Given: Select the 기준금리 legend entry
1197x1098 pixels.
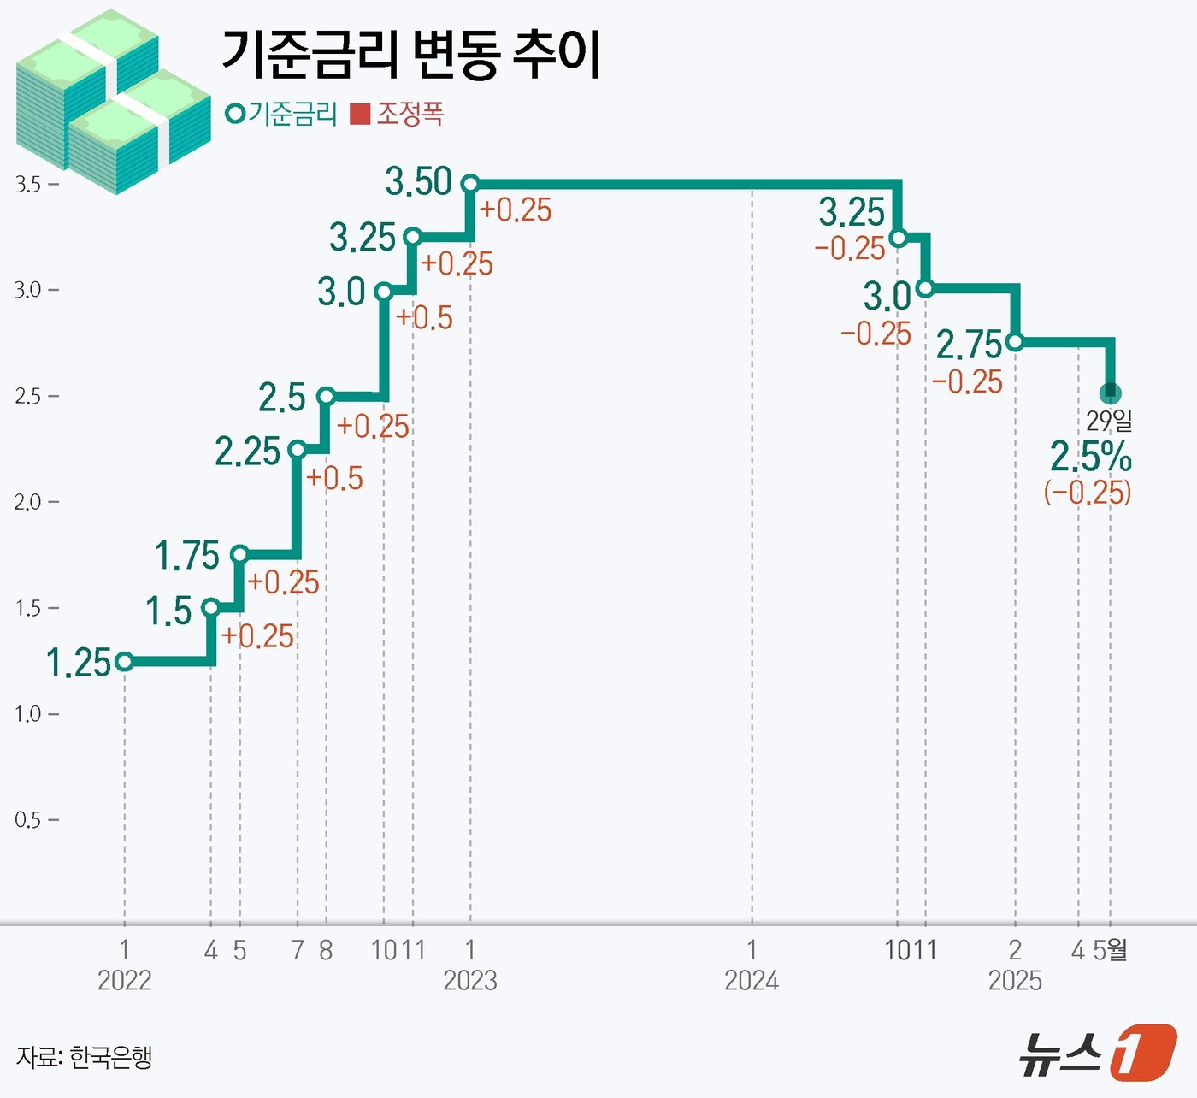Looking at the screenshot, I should point(282,114).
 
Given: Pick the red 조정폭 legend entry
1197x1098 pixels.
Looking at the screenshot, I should point(398,114).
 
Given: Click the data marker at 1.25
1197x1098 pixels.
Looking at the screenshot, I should point(124,661).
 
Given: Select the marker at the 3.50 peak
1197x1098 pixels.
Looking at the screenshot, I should point(469,184).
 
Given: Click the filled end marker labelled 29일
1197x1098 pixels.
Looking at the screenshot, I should point(1110,393).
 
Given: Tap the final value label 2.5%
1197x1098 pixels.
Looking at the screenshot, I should point(1090,457).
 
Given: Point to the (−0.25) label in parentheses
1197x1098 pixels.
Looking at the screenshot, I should point(1088,493).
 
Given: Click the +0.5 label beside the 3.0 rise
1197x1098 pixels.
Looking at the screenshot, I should point(424,318).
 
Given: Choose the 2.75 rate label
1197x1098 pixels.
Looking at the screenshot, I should point(969,345).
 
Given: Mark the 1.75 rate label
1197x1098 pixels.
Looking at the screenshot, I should point(187,556).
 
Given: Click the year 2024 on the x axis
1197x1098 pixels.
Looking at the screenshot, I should point(752,980).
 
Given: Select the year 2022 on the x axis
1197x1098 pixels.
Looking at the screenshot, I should point(124,980).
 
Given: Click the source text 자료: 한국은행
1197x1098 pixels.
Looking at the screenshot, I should point(84,1057).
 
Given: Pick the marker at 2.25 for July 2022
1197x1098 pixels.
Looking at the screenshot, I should point(297,450).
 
